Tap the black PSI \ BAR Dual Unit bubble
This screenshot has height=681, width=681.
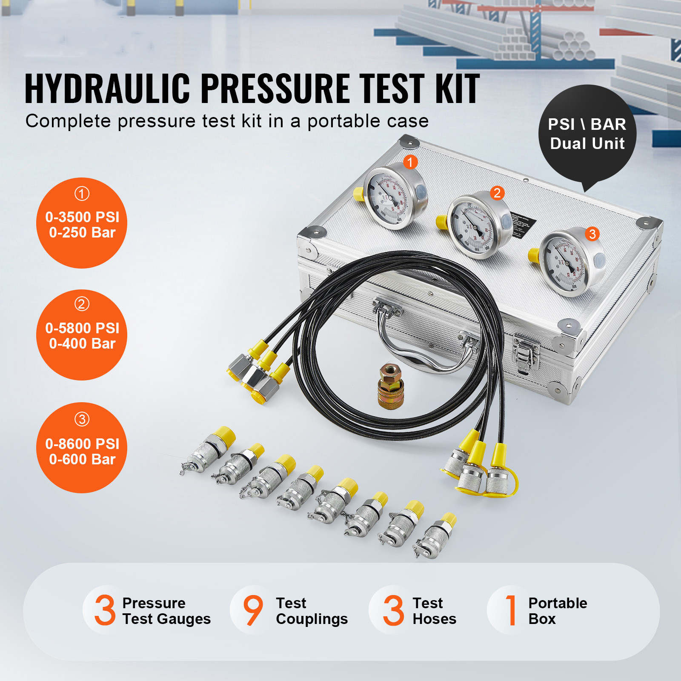(x=587, y=134)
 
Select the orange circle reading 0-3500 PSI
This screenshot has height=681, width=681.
(x=82, y=223)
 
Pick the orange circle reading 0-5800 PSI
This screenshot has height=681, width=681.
(x=82, y=335)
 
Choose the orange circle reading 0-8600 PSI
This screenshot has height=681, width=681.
(x=82, y=448)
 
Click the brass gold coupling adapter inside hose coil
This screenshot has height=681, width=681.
(x=391, y=386)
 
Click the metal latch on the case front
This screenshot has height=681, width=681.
(x=526, y=353)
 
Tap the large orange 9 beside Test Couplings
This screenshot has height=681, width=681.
(x=253, y=610)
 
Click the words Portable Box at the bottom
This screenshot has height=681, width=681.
(x=557, y=611)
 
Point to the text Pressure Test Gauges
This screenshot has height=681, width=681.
(x=166, y=611)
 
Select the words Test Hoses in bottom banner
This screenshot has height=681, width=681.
(x=434, y=611)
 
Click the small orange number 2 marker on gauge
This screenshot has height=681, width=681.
(x=497, y=193)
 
